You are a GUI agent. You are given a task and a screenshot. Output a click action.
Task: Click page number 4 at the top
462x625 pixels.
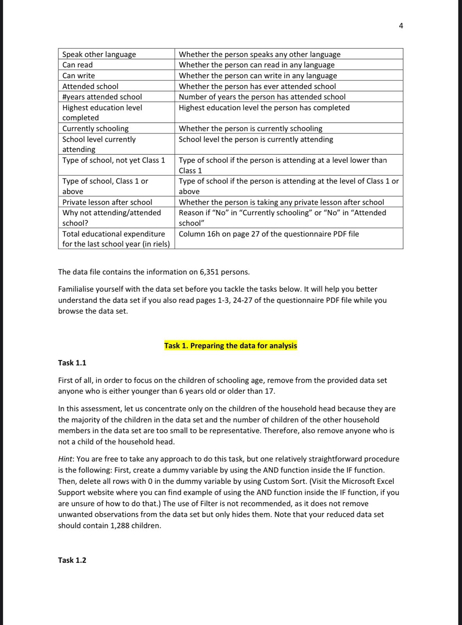pyautogui.click(x=401, y=26)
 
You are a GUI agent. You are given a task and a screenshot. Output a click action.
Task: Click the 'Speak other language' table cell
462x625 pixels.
pyautogui.click(x=99, y=54)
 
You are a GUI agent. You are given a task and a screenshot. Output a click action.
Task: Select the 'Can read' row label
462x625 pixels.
pyautogui.click(x=78, y=65)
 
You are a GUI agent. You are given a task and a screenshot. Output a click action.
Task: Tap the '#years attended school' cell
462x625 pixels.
pyautogui.click(x=102, y=97)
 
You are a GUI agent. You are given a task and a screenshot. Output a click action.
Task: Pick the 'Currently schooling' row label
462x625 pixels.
pyautogui.click(x=95, y=129)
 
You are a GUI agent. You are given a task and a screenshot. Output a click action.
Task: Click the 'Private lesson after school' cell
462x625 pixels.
pyautogui.click(x=107, y=202)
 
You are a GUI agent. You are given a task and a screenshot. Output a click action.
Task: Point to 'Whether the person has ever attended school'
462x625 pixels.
pyautogui.click(x=257, y=86)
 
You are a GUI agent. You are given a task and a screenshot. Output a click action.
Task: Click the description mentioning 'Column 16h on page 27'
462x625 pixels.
pyautogui.click(x=268, y=234)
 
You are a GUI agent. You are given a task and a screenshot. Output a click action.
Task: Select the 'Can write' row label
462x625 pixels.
pyautogui.click(x=78, y=76)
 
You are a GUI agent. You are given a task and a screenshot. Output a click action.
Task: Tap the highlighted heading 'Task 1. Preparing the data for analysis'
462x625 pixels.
pyautogui.click(x=231, y=346)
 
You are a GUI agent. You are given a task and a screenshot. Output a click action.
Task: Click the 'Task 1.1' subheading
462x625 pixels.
pyautogui.click(x=72, y=363)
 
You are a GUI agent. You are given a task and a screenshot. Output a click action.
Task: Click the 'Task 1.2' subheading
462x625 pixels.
pyautogui.click(x=72, y=560)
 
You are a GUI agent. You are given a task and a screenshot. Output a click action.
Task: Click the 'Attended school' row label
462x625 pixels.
pyautogui.click(x=90, y=86)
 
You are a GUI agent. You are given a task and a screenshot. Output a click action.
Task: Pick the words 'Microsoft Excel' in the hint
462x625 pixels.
pyautogui.click(x=368, y=481)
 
